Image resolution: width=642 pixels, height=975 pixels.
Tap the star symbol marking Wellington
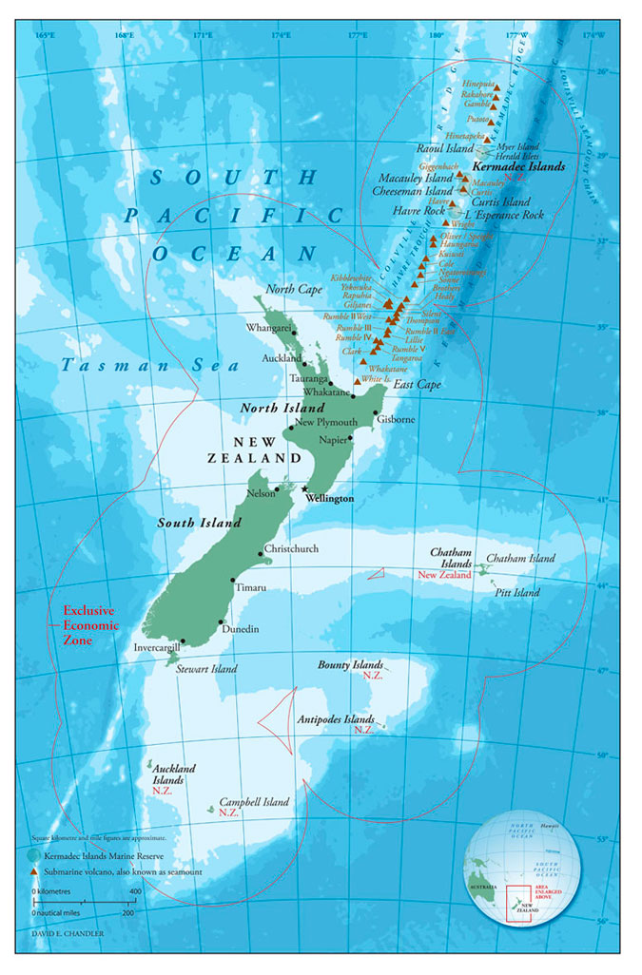click(x=304, y=488)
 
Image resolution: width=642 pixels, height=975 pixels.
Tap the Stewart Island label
click(x=206, y=669)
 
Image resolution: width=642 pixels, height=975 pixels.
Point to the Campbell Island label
click(x=254, y=802)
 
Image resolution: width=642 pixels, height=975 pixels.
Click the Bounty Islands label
click(x=351, y=665)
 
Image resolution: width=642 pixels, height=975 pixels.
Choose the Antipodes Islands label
click(x=336, y=719)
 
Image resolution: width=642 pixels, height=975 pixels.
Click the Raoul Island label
click(x=445, y=149)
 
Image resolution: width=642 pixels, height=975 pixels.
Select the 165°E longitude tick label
click(x=45, y=36)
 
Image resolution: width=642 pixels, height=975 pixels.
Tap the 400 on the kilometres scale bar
click(x=135, y=891)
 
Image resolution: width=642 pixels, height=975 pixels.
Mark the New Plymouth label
click(x=326, y=422)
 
